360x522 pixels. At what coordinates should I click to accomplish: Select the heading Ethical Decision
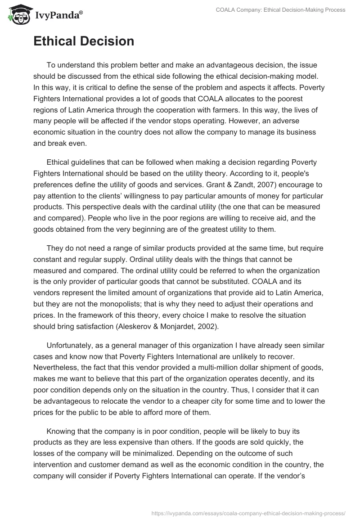84,41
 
